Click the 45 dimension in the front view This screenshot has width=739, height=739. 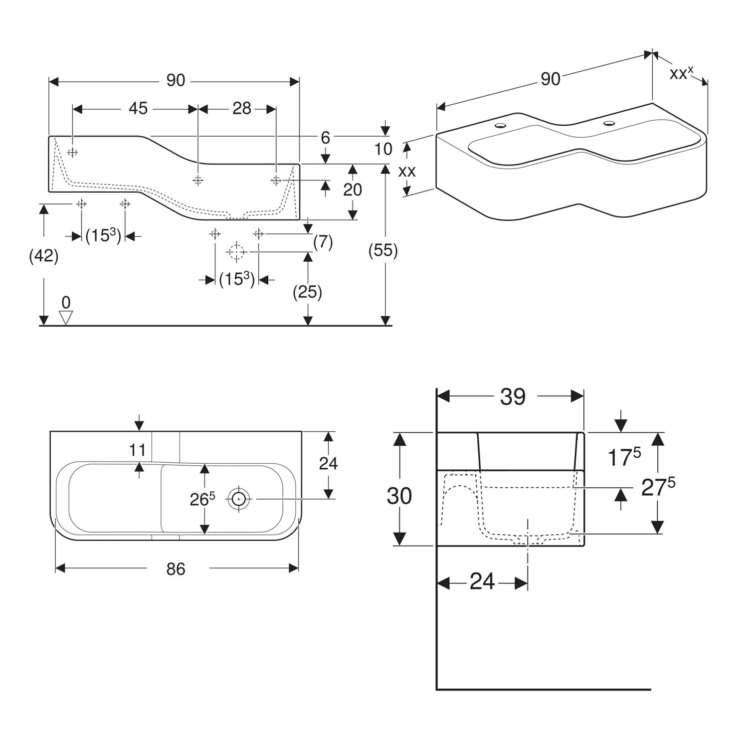[x=139, y=108]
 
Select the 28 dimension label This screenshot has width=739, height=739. [x=242, y=108]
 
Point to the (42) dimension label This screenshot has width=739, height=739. [x=44, y=256]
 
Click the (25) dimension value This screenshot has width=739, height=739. [x=307, y=292]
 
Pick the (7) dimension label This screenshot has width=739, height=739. [x=323, y=242]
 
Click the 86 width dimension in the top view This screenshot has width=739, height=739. [x=176, y=568]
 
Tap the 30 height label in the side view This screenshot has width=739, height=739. [x=399, y=496]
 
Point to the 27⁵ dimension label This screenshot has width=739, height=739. [x=658, y=487]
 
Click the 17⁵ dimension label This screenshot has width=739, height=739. [x=623, y=457]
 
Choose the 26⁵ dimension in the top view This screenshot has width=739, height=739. [x=202, y=499]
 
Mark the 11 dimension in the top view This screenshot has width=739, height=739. [x=137, y=450]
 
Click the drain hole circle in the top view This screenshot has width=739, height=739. [x=239, y=498]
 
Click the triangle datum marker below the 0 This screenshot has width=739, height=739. [x=66, y=318]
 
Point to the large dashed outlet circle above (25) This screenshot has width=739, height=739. [x=236, y=252]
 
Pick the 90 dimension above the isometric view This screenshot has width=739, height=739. [x=550, y=79]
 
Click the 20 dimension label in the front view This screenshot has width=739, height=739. [x=352, y=190]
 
